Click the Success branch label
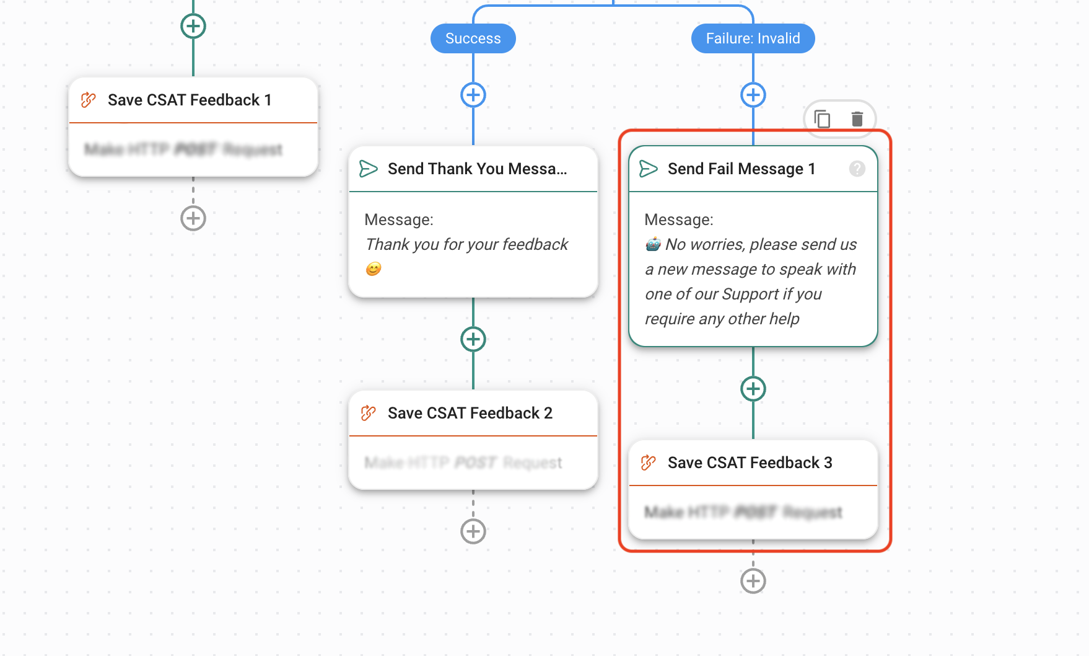(x=473, y=38)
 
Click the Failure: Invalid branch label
(x=753, y=38)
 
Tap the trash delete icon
(x=857, y=118)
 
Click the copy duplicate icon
(x=822, y=118)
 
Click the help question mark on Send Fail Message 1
(x=857, y=169)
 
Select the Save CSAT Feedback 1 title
(x=190, y=100)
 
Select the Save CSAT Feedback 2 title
(x=470, y=413)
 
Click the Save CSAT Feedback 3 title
(x=750, y=463)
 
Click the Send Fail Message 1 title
(x=741, y=169)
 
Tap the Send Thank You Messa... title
(x=477, y=169)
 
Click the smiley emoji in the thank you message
(x=374, y=269)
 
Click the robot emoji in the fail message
(x=653, y=244)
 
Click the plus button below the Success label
(x=473, y=95)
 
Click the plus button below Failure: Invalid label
(x=753, y=95)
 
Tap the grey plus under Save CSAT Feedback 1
(x=193, y=218)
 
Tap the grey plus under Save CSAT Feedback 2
(x=473, y=531)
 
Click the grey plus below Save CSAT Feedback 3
(x=753, y=581)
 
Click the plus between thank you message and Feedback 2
(x=473, y=339)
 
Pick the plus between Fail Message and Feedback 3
(x=753, y=389)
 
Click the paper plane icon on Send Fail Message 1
(x=648, y=169)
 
